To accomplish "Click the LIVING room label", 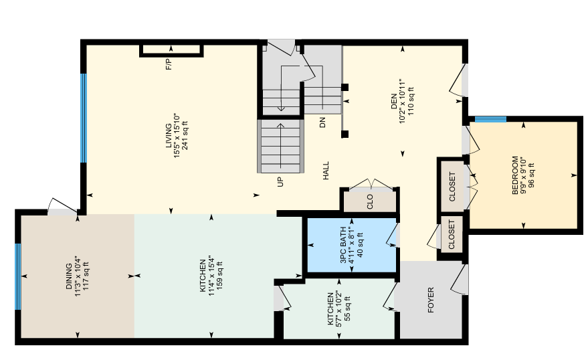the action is pyautogui.click(x=169, y=136).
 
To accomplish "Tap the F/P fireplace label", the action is pyautogui.click(x=169, y=64).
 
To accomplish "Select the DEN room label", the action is pyautogui.click(x=394, y=101).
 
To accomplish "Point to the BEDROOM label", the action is pyautogui.click(x=516, y=175).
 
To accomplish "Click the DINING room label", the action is pyautogui.click(x=69, y=276).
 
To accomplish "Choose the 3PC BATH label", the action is pyautogui.click(x=343, y=245).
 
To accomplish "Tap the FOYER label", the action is pyautogui.click(x=431, y=300).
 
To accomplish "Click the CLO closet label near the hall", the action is pyautogui.click(x=370, y=201).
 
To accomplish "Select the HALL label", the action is pyautogui.click(x=326, y=171).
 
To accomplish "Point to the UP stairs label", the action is pyautogui.click(x=280, y=182).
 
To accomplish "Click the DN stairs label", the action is pyautogui.click(x=322, y=122).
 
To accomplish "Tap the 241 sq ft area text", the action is pyautogui.click(x=185, y=136).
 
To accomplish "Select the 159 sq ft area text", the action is pyautogui.click(x=219, y=276).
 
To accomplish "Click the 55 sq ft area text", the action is pyautogui.click(x=348, y=308).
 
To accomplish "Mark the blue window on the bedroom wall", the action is pyautogui.click(x=490, y=119).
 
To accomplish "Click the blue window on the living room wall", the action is pyautogui.click(x=84, y=118).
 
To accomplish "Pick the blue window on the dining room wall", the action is pyautogui.click(x=17, y=277).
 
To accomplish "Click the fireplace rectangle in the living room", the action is pyautogui.click(x=171, y=51).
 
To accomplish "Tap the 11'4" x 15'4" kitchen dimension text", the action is pyautogui.click(x=211, y=276).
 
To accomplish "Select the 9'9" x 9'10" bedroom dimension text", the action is pyautogui.click(x=524, y=175).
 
